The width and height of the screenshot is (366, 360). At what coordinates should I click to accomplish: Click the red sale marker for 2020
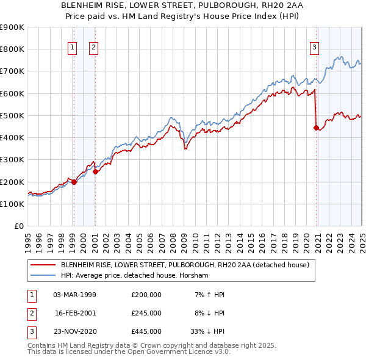(316, 128)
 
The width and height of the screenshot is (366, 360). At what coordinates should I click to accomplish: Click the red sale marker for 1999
(74, 182)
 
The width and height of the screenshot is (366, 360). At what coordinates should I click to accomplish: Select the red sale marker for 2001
(95, 171)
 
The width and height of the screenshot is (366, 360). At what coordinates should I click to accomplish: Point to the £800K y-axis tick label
(12, 49)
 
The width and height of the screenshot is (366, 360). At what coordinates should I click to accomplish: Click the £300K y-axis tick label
(12, 160)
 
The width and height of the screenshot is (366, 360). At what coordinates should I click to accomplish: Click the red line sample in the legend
(43, 265)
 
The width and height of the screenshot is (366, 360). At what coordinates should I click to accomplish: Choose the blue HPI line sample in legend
(43, 276)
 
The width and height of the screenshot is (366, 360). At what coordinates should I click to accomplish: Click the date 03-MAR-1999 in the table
(75, 295)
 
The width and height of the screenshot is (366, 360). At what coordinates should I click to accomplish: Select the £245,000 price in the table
(146, 313)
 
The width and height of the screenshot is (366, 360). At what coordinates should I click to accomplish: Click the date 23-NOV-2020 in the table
(75, 331)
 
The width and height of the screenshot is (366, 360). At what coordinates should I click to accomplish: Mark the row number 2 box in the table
(30, 313)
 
